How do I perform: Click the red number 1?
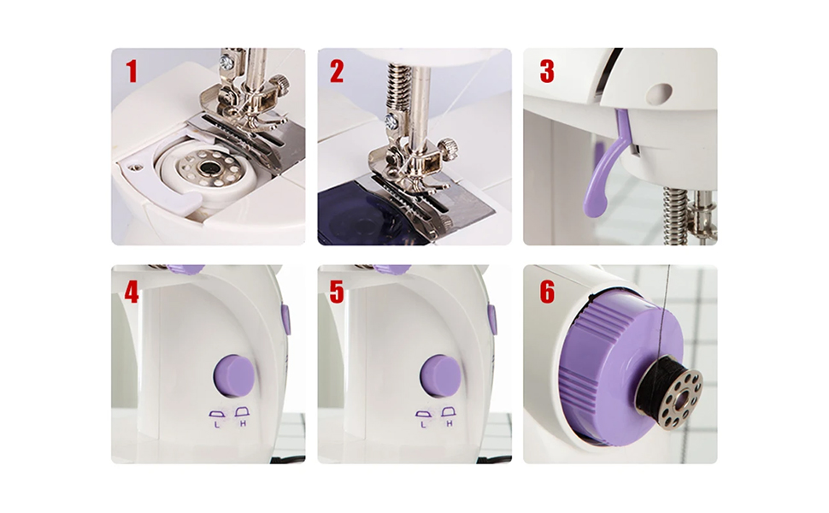[x=132, y=71]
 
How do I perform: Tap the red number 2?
[x=337, y=71]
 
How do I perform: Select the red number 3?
[x=547, y=71]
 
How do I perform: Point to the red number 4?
[x=131, y=292]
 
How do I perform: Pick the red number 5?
[x=337, y=292]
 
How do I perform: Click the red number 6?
[x=547, y=292]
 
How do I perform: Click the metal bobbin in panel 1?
[x=210, y=168]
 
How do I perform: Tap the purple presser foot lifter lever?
[x=603, y=168]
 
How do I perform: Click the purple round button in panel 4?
[x=233, y=375]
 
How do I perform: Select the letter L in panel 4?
[x=217, y=423]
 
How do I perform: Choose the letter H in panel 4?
[x=243, y=423]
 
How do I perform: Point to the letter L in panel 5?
[x=424, y=423]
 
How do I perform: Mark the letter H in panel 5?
[x=450, y=423]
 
